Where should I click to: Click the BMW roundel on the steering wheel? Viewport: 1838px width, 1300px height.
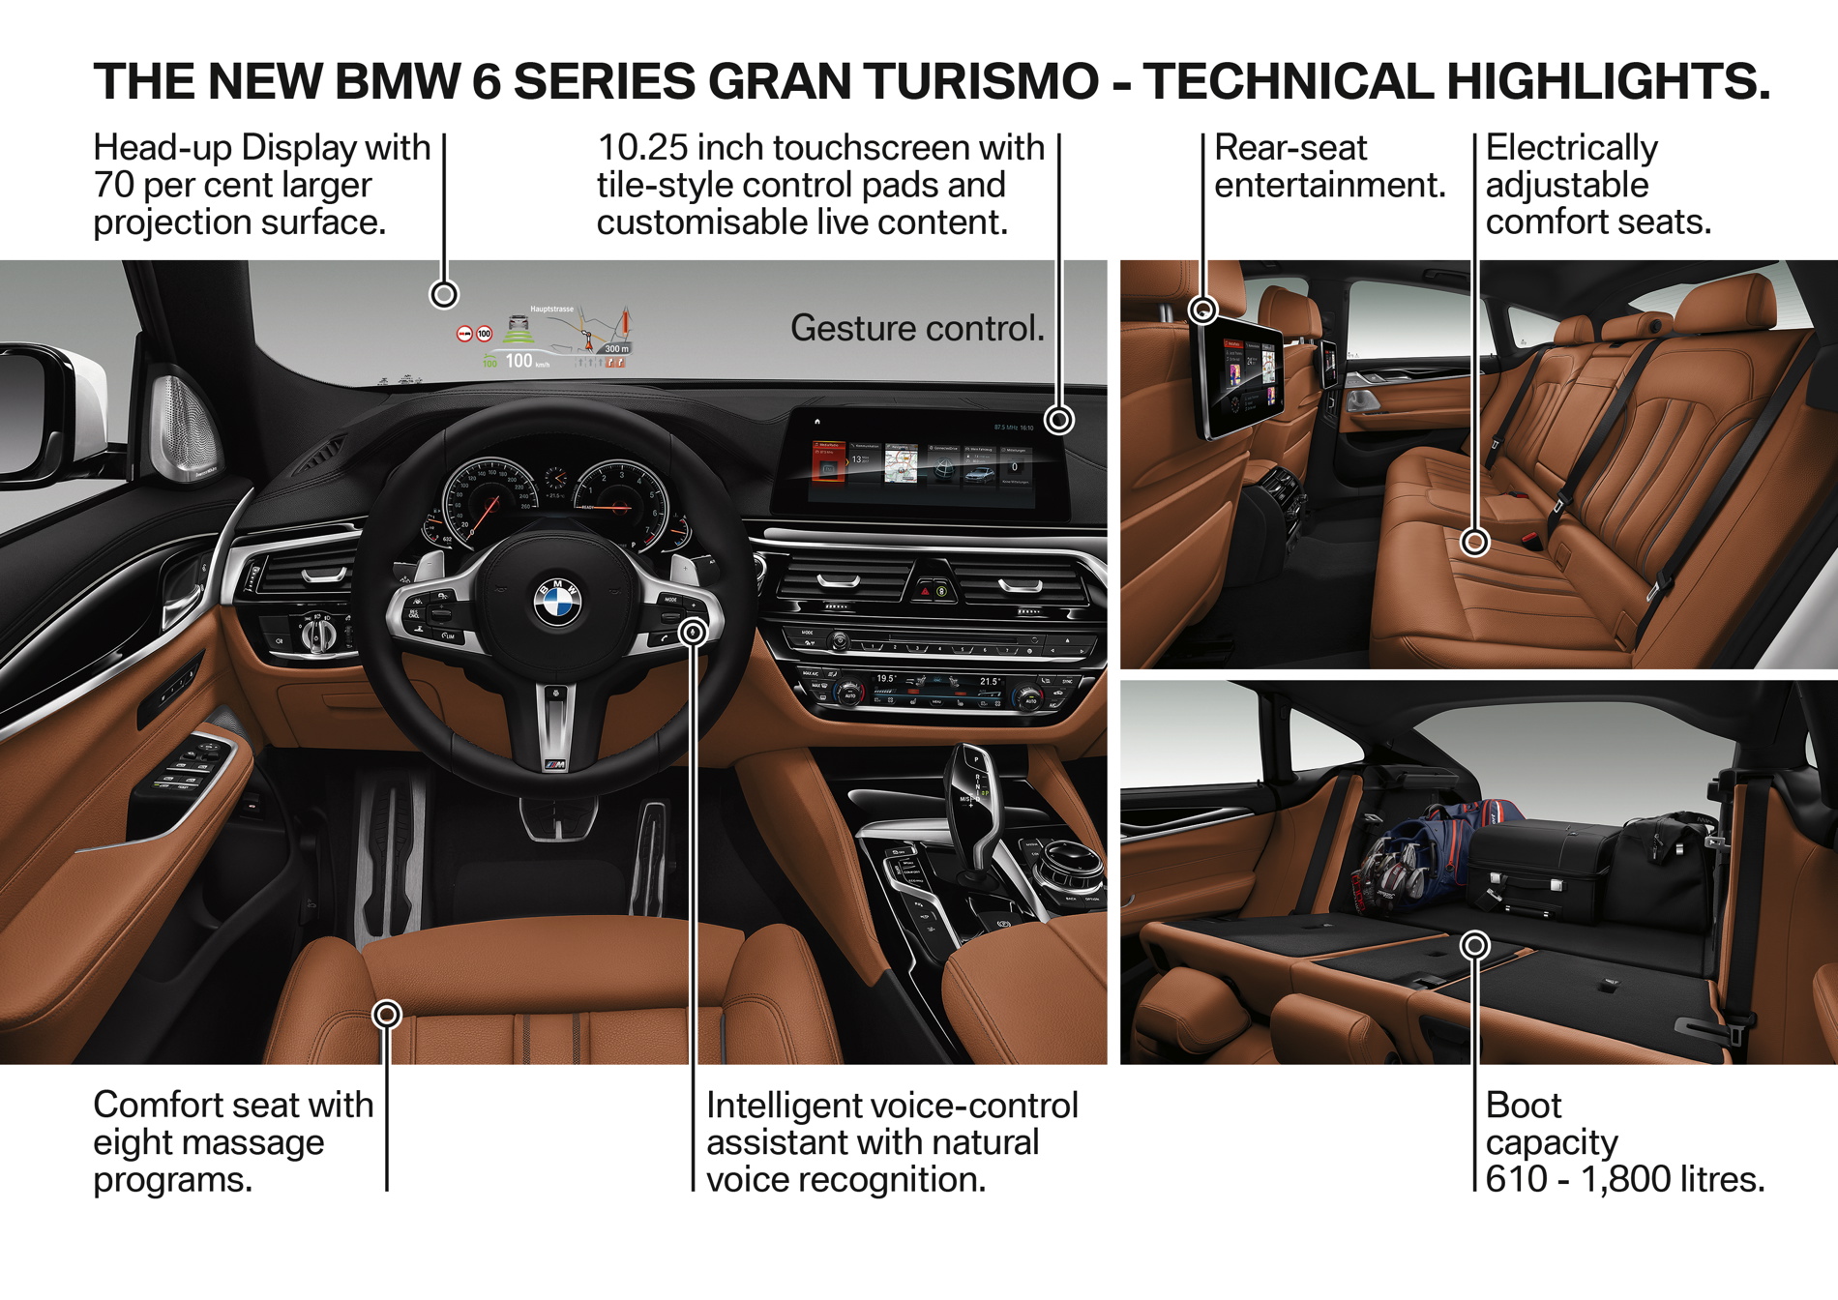tap(557, 602)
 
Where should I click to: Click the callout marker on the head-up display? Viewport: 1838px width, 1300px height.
tap(444, 294)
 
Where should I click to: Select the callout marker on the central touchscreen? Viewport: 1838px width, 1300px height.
tap(1060, 420)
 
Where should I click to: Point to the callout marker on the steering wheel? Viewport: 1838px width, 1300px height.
tap(693, 633)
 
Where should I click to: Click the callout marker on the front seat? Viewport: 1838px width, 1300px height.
tap(387, 1014)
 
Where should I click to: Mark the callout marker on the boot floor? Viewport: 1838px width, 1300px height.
tap(1474, 945)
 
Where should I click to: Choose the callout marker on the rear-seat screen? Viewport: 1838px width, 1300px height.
tap(1202, 310)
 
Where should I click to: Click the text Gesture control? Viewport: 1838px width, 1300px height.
tap(917, 329)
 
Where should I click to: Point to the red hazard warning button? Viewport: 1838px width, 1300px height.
tap(926, 589)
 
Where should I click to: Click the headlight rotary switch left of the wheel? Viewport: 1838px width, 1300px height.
tap(318, 634)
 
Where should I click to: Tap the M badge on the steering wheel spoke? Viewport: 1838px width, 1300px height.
tap(555, 765)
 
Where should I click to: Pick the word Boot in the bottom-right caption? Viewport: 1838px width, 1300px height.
tap(1524, 1106)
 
